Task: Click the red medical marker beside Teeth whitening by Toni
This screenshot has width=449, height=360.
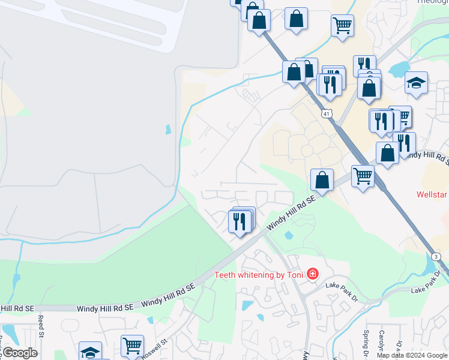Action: [312, 275]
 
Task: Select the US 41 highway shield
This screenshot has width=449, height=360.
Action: [326, 113]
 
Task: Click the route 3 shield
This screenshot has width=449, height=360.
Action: [436, 257]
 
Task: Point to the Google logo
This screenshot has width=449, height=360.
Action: [19, 353]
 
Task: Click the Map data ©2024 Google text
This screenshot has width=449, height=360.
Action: [412, 355]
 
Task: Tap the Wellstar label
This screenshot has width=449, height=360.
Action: [433, 195]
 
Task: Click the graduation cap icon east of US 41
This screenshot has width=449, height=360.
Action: [416, 83]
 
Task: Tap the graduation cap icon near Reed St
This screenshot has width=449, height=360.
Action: [90, 352]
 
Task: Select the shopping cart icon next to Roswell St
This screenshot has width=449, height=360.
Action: [132, 345]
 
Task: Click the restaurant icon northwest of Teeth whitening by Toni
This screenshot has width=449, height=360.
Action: [240, 221]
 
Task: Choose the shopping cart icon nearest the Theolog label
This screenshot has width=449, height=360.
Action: [342, 25]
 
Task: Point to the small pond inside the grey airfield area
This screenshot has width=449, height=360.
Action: [167, 129]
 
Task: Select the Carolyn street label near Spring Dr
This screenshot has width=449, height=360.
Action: [382, 341]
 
